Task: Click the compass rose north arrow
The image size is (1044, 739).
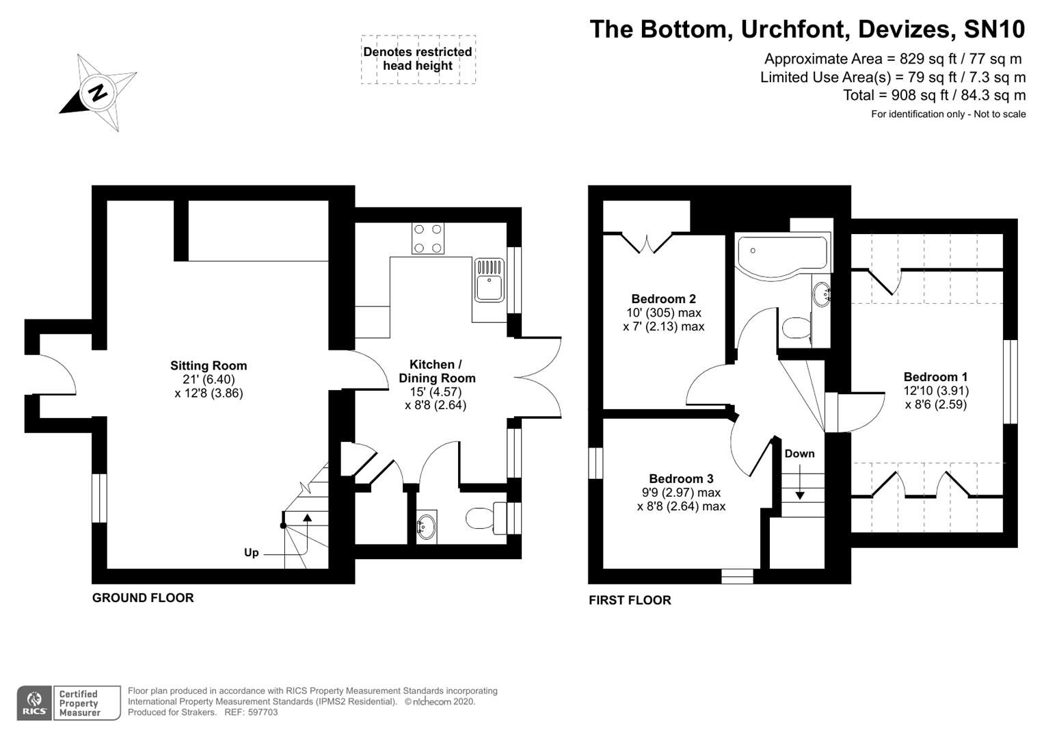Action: point(98,92)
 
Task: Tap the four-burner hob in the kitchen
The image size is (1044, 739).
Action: point(427,239)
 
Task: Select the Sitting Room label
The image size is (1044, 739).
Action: point(209,366)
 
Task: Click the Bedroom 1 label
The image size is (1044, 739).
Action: point(935,377)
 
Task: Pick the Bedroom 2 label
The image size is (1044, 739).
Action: point(663,299)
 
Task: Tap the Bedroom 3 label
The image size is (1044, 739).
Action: point(681,479)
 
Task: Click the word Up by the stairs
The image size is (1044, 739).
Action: point(251,552)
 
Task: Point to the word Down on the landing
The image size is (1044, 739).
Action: point(799,454)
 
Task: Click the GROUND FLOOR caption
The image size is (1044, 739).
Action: point(143,598)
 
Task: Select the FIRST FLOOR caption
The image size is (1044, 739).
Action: point(630,601)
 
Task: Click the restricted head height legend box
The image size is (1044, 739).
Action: point(418,60)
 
